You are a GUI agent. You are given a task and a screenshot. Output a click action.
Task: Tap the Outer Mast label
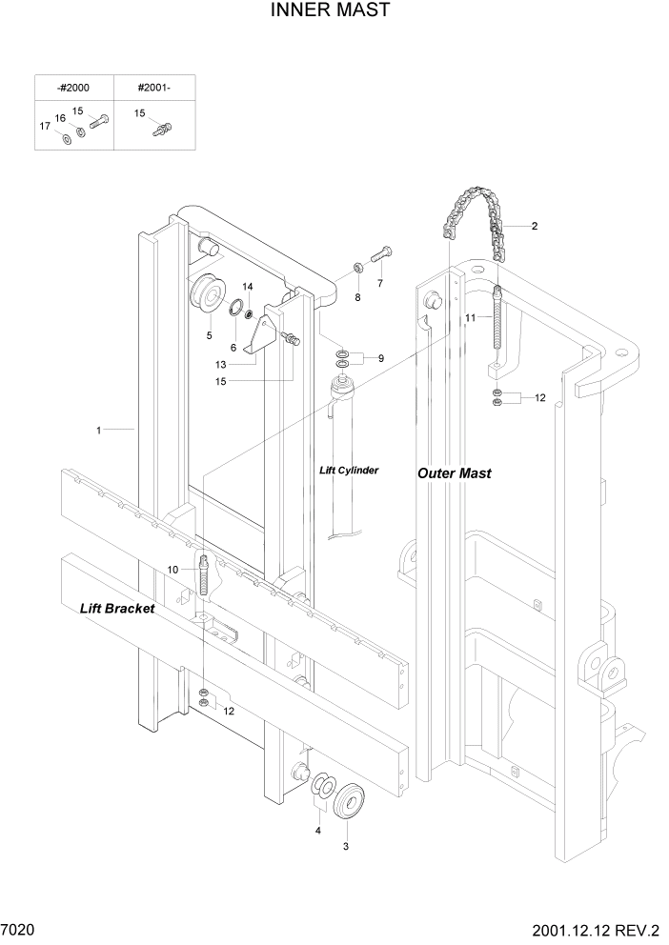[x=455, y=472]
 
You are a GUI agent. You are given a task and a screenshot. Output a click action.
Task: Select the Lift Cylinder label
[x=349, y=470]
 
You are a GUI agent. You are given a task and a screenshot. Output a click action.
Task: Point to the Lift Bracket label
[x=117, y=607]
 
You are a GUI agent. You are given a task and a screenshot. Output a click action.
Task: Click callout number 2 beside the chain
[x=534, y=226]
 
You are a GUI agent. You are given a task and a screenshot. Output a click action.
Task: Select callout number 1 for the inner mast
[x=98, y=431]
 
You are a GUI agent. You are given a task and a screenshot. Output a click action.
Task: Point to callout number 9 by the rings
[x=380, y=358]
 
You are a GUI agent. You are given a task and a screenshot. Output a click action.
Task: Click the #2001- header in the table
[x=152, y=87]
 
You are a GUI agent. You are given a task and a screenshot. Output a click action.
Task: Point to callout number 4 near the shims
[x=318, y=830]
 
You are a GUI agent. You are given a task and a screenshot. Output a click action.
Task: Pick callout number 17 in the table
[x=44, y=127]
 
